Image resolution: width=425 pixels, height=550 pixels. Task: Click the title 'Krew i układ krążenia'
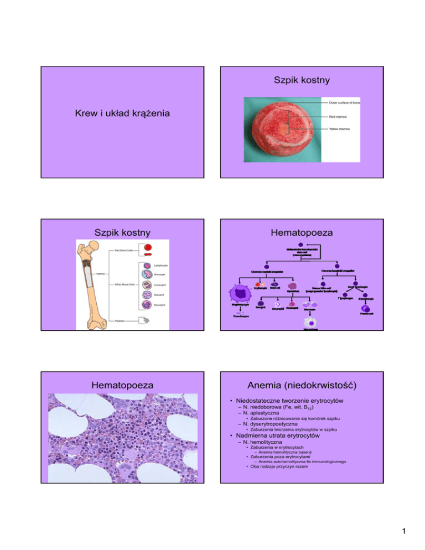point(123,114)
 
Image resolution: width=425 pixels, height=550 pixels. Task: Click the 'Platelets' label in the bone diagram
point(121,321)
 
